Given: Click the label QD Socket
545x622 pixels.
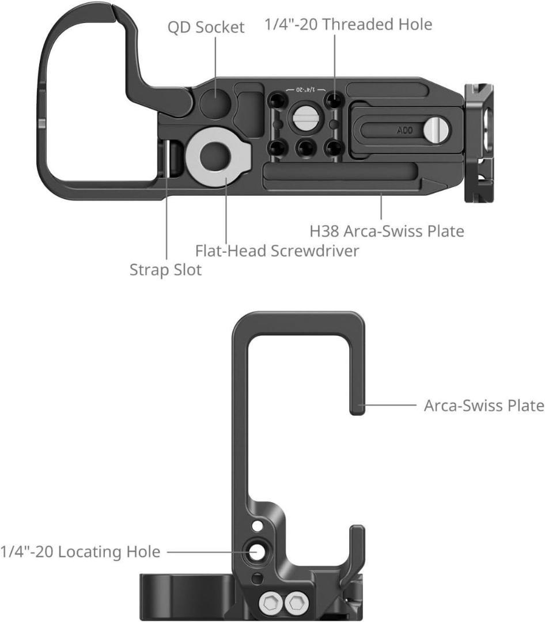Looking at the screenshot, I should [206, 27].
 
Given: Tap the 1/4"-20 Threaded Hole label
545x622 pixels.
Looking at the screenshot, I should [348, 24].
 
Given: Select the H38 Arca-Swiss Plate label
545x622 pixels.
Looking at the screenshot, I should [387, 232].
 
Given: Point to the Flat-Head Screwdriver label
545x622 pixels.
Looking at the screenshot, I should [277, 251].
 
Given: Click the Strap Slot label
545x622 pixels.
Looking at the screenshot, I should [165, 270].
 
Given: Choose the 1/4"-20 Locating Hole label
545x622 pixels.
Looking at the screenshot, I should [80, 552].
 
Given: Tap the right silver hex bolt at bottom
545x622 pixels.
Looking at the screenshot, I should [297, 604].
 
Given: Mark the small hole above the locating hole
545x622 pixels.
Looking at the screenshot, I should [258, 525].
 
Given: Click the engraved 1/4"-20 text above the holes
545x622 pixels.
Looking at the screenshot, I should [305, 90].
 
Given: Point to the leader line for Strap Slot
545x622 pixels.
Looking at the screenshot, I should [166, 230].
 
